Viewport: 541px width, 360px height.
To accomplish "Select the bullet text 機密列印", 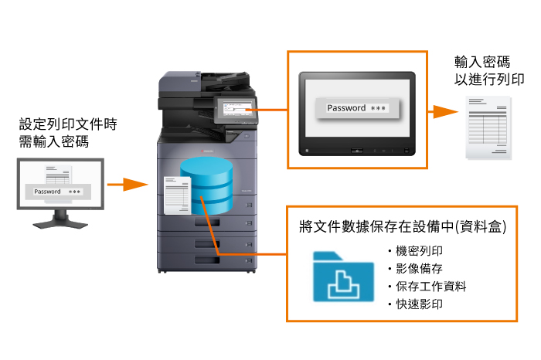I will tap(420, 251).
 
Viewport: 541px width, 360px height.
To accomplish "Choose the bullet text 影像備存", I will tap(420, 269).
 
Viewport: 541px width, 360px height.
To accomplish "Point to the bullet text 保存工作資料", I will tap(430, 287).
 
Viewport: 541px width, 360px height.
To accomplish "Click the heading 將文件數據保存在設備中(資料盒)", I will tap(403, 226).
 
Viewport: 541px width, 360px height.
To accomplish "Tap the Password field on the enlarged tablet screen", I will tap(358, 109).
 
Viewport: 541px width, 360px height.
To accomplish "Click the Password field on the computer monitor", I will tap(58, 192).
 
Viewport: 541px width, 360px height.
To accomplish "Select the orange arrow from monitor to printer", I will tap(127, 185).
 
